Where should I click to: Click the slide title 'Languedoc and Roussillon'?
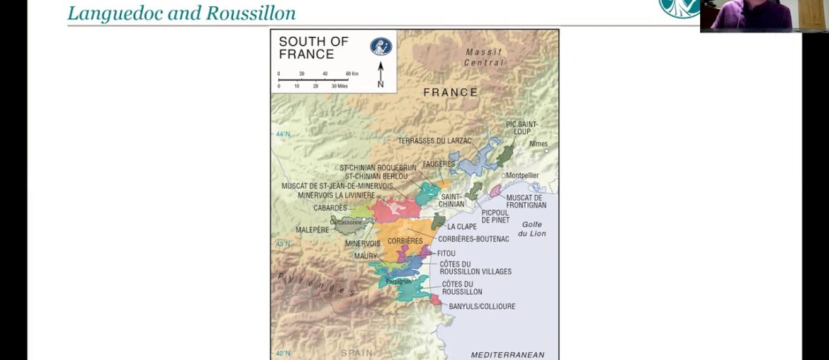tap(181, 13)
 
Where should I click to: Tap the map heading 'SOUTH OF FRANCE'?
tap(313, 47)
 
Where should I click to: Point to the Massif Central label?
tap(484, 57)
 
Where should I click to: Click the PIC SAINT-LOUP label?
tap(522, 128)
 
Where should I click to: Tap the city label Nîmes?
tap(539, 143)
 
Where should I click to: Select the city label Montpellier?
tap(523, 175)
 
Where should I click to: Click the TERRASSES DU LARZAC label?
tap(434, 141)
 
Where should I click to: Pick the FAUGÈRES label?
tap(439, 164)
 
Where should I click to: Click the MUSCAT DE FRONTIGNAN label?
tap(524, 201)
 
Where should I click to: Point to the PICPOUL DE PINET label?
tap(496, 215)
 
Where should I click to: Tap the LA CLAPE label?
tap(461, 227)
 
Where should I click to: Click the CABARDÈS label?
tap(330, 208)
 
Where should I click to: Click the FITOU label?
tap(447, 253)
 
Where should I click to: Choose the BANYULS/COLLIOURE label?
tap(482, 307)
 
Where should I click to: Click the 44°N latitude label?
tap(283, 134)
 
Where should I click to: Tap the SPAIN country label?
tap(356, 352)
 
